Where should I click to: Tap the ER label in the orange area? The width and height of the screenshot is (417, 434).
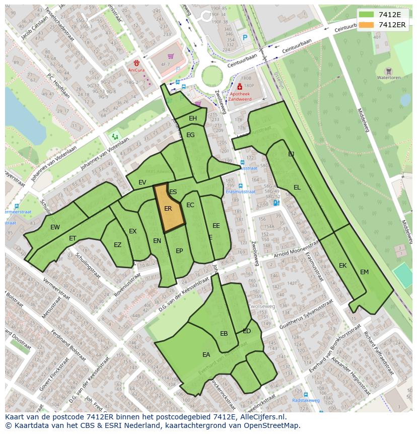168,208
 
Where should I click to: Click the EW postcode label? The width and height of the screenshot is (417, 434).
55,227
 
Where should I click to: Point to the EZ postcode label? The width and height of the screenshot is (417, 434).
117,245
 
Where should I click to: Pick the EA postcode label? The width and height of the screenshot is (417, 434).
206,355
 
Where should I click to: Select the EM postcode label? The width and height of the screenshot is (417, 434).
364,272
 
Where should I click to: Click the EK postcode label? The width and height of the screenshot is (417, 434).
342,266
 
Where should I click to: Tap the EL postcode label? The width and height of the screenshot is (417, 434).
297,188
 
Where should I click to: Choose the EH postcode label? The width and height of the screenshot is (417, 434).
193,118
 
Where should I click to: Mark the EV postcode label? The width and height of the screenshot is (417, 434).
142,182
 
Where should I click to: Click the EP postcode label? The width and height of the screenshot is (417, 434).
179,251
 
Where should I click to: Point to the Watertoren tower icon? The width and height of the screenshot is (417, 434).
388,71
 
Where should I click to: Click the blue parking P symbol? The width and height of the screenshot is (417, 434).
245,37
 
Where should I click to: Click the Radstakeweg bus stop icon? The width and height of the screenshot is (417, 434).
306,394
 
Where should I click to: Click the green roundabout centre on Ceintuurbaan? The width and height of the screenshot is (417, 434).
212,76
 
